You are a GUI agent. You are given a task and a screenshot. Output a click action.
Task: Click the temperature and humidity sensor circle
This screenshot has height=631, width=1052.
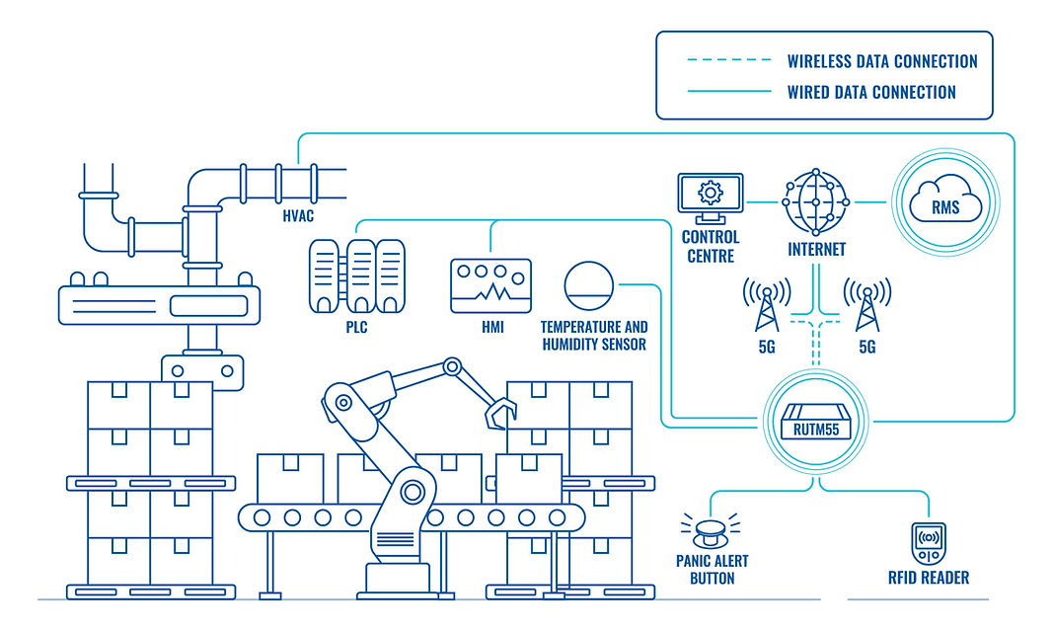(589, 285)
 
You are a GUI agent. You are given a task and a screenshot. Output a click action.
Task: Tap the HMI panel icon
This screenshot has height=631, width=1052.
(490, 286)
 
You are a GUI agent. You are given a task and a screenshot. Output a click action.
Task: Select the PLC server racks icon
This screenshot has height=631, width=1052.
(357, 276)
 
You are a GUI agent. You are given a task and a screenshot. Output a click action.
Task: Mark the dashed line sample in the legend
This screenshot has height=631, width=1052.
(729, 61)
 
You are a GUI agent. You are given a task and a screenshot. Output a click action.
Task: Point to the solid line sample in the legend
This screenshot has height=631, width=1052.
(729, 92)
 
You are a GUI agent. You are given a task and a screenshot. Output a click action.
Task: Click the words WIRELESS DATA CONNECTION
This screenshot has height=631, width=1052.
(881, 61)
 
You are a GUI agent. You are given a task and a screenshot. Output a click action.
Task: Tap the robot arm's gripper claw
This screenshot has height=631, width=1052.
(500, 409)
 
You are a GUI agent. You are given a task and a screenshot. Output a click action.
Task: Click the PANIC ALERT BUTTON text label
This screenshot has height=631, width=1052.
(712, 569)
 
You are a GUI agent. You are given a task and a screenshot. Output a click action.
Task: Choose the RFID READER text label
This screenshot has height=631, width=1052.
(928, 578)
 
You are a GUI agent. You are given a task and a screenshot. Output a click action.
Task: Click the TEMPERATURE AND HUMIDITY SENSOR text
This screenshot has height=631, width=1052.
(594, 336)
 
